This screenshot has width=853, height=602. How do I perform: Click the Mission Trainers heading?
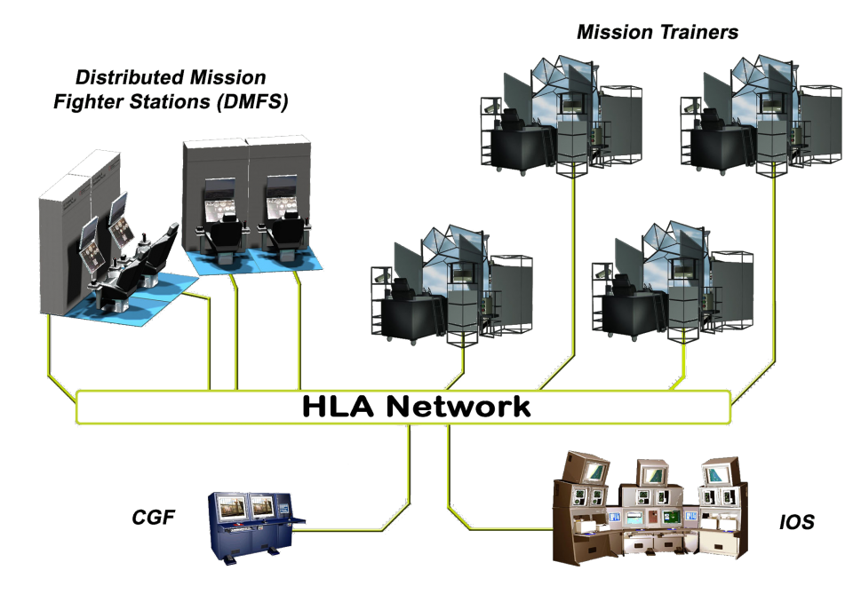[658, 33]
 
